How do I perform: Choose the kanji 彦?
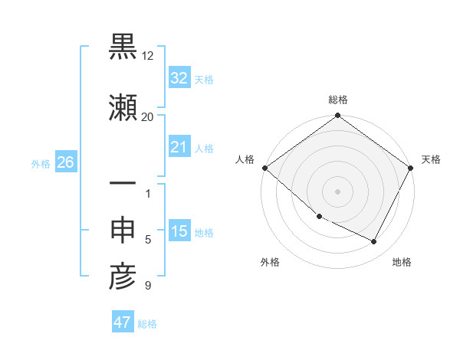tap(122, 277)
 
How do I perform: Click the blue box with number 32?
tap(179, 78)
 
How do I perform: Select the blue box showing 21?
tap(179, 146)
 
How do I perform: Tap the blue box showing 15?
tap(179, 231)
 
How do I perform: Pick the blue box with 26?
tap(65, 162)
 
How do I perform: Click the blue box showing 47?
tap(123, 322)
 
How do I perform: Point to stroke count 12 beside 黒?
tap(148, 57)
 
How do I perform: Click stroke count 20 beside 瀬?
tap(148, 116)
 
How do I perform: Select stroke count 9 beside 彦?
tap(148, 286)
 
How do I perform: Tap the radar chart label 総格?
tap(338, 100)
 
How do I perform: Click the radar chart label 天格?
tap(431, 159)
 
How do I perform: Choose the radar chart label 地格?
tap(402, 262)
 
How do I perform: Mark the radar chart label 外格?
tap(270, 262)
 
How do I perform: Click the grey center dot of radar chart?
tap(338, 191)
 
